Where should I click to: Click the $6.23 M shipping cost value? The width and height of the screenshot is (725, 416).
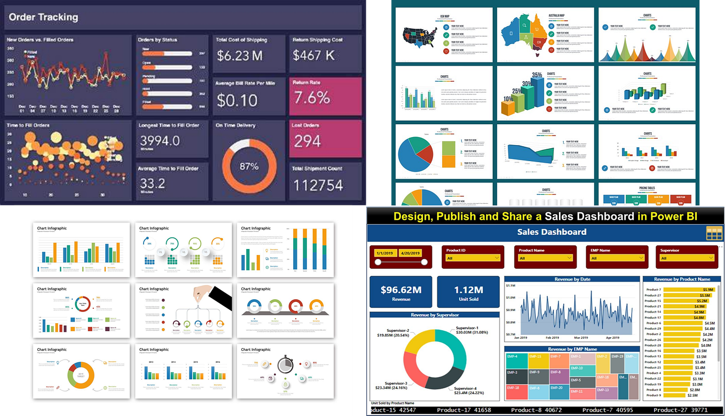point(240,55)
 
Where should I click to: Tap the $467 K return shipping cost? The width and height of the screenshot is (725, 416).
point(314,55)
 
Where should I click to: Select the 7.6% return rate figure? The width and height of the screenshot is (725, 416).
point(311,98)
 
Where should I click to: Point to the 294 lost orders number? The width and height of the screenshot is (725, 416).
point(307,141)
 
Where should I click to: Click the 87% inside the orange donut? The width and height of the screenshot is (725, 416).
point(248,166)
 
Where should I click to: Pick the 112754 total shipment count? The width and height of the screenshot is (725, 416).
point(318,185)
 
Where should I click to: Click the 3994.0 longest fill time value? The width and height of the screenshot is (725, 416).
point(159,141)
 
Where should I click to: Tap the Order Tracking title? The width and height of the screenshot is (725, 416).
point(43,17)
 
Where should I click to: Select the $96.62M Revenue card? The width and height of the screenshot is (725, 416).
point(401,293)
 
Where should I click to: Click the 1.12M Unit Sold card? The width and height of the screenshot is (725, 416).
point(468,293)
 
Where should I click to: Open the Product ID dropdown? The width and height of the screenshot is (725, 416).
point(472,258)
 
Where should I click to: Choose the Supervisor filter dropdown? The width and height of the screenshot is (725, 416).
point(687,258)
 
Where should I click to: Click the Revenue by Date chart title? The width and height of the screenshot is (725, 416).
point(572,279)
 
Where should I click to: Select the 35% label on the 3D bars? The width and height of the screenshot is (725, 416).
point(537,75)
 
